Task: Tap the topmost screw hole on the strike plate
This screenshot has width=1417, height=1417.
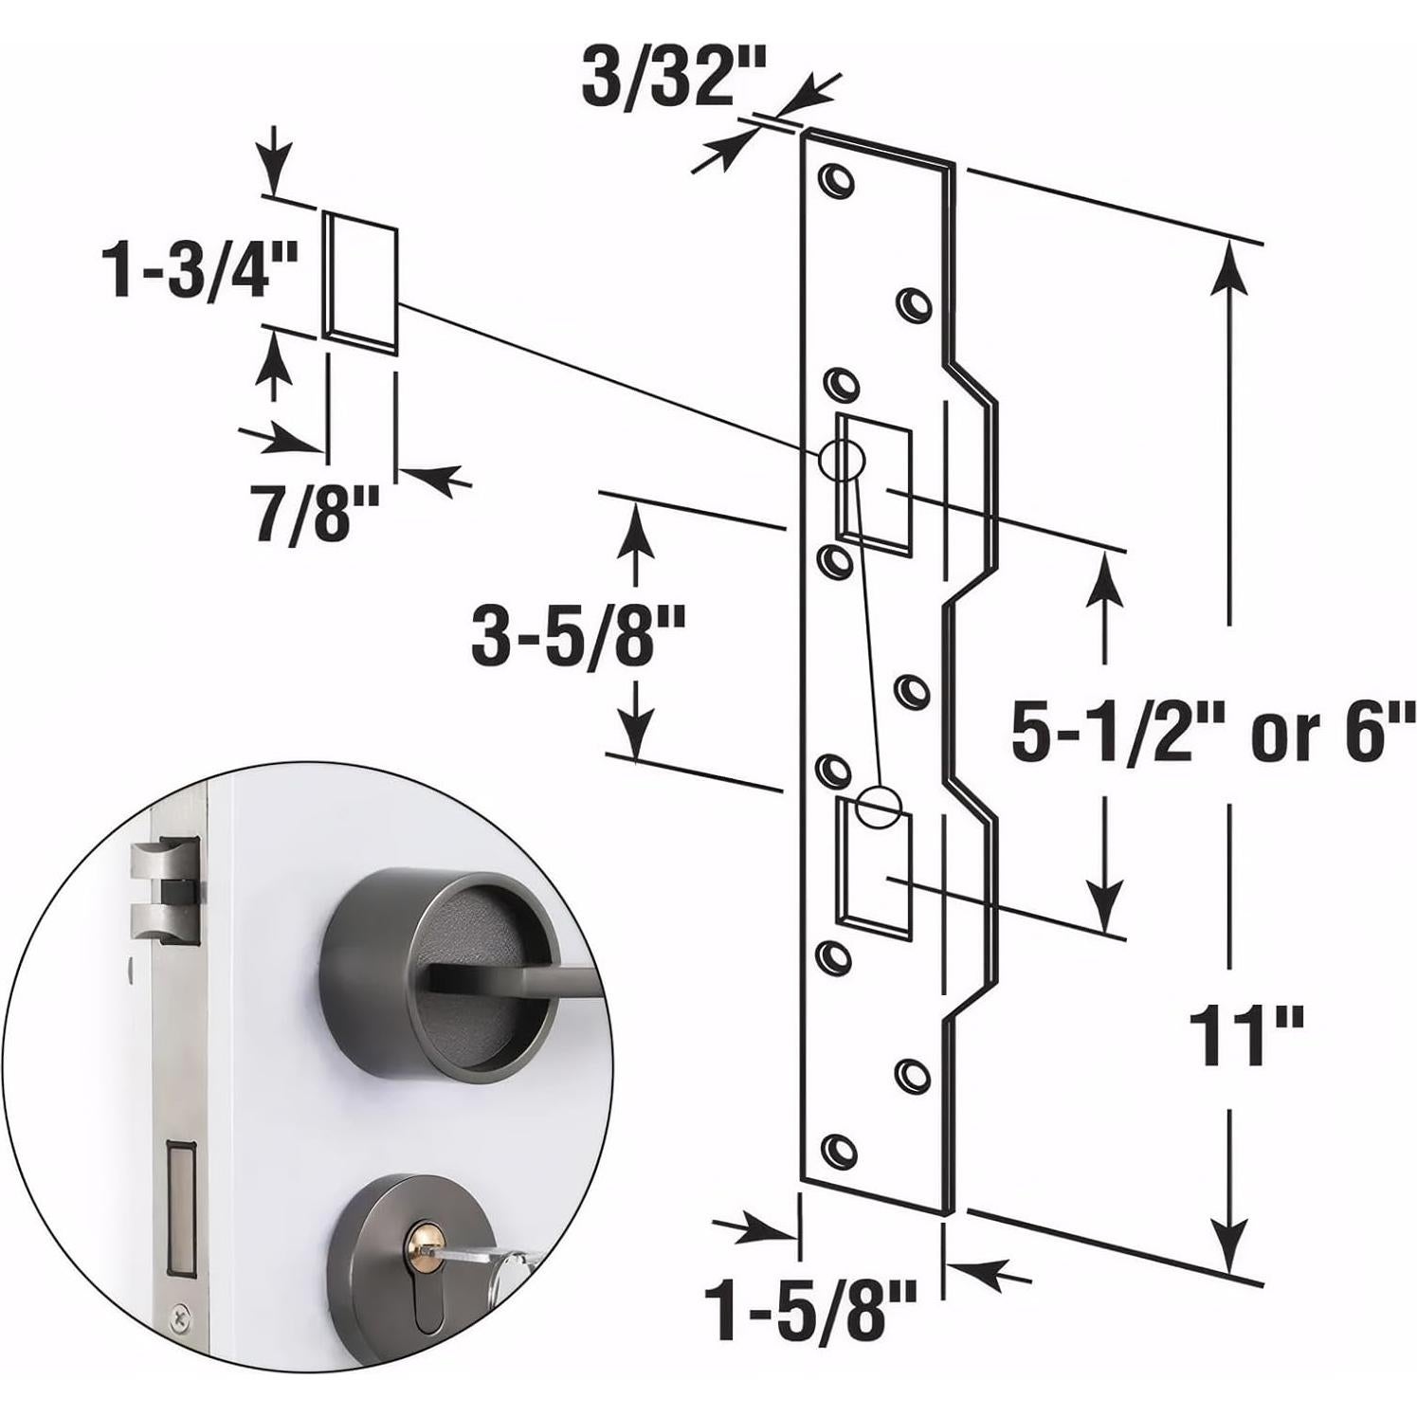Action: [835, 181]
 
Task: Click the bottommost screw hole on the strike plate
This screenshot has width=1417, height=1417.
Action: [835, 1149]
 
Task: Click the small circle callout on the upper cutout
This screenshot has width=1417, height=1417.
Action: [843, 462]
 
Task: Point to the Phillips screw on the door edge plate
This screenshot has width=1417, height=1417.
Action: [178, 1316]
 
